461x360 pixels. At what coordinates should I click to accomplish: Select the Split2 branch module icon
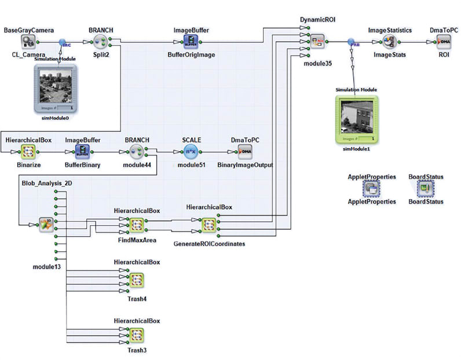point(101,42)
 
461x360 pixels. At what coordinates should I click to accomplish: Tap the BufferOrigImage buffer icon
point(191,41)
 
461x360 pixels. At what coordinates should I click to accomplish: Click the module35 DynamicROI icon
point(318,42)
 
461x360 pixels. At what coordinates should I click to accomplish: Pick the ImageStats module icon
point(389,42)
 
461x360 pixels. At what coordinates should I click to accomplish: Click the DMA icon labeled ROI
point(444,42)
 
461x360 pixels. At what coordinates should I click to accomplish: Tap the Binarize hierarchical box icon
point(29,152)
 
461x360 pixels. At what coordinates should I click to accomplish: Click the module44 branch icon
point(137,152)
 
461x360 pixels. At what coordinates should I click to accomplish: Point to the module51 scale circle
point(191,152)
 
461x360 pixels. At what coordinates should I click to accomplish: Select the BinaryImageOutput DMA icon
point(244,152)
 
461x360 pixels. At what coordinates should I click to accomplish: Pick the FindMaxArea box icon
point(136,225)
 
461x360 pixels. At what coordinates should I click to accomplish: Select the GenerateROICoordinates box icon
point(208,225)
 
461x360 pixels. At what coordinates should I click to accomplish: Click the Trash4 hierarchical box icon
point(136,280)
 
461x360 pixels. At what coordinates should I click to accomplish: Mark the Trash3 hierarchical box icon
point(136,336)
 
